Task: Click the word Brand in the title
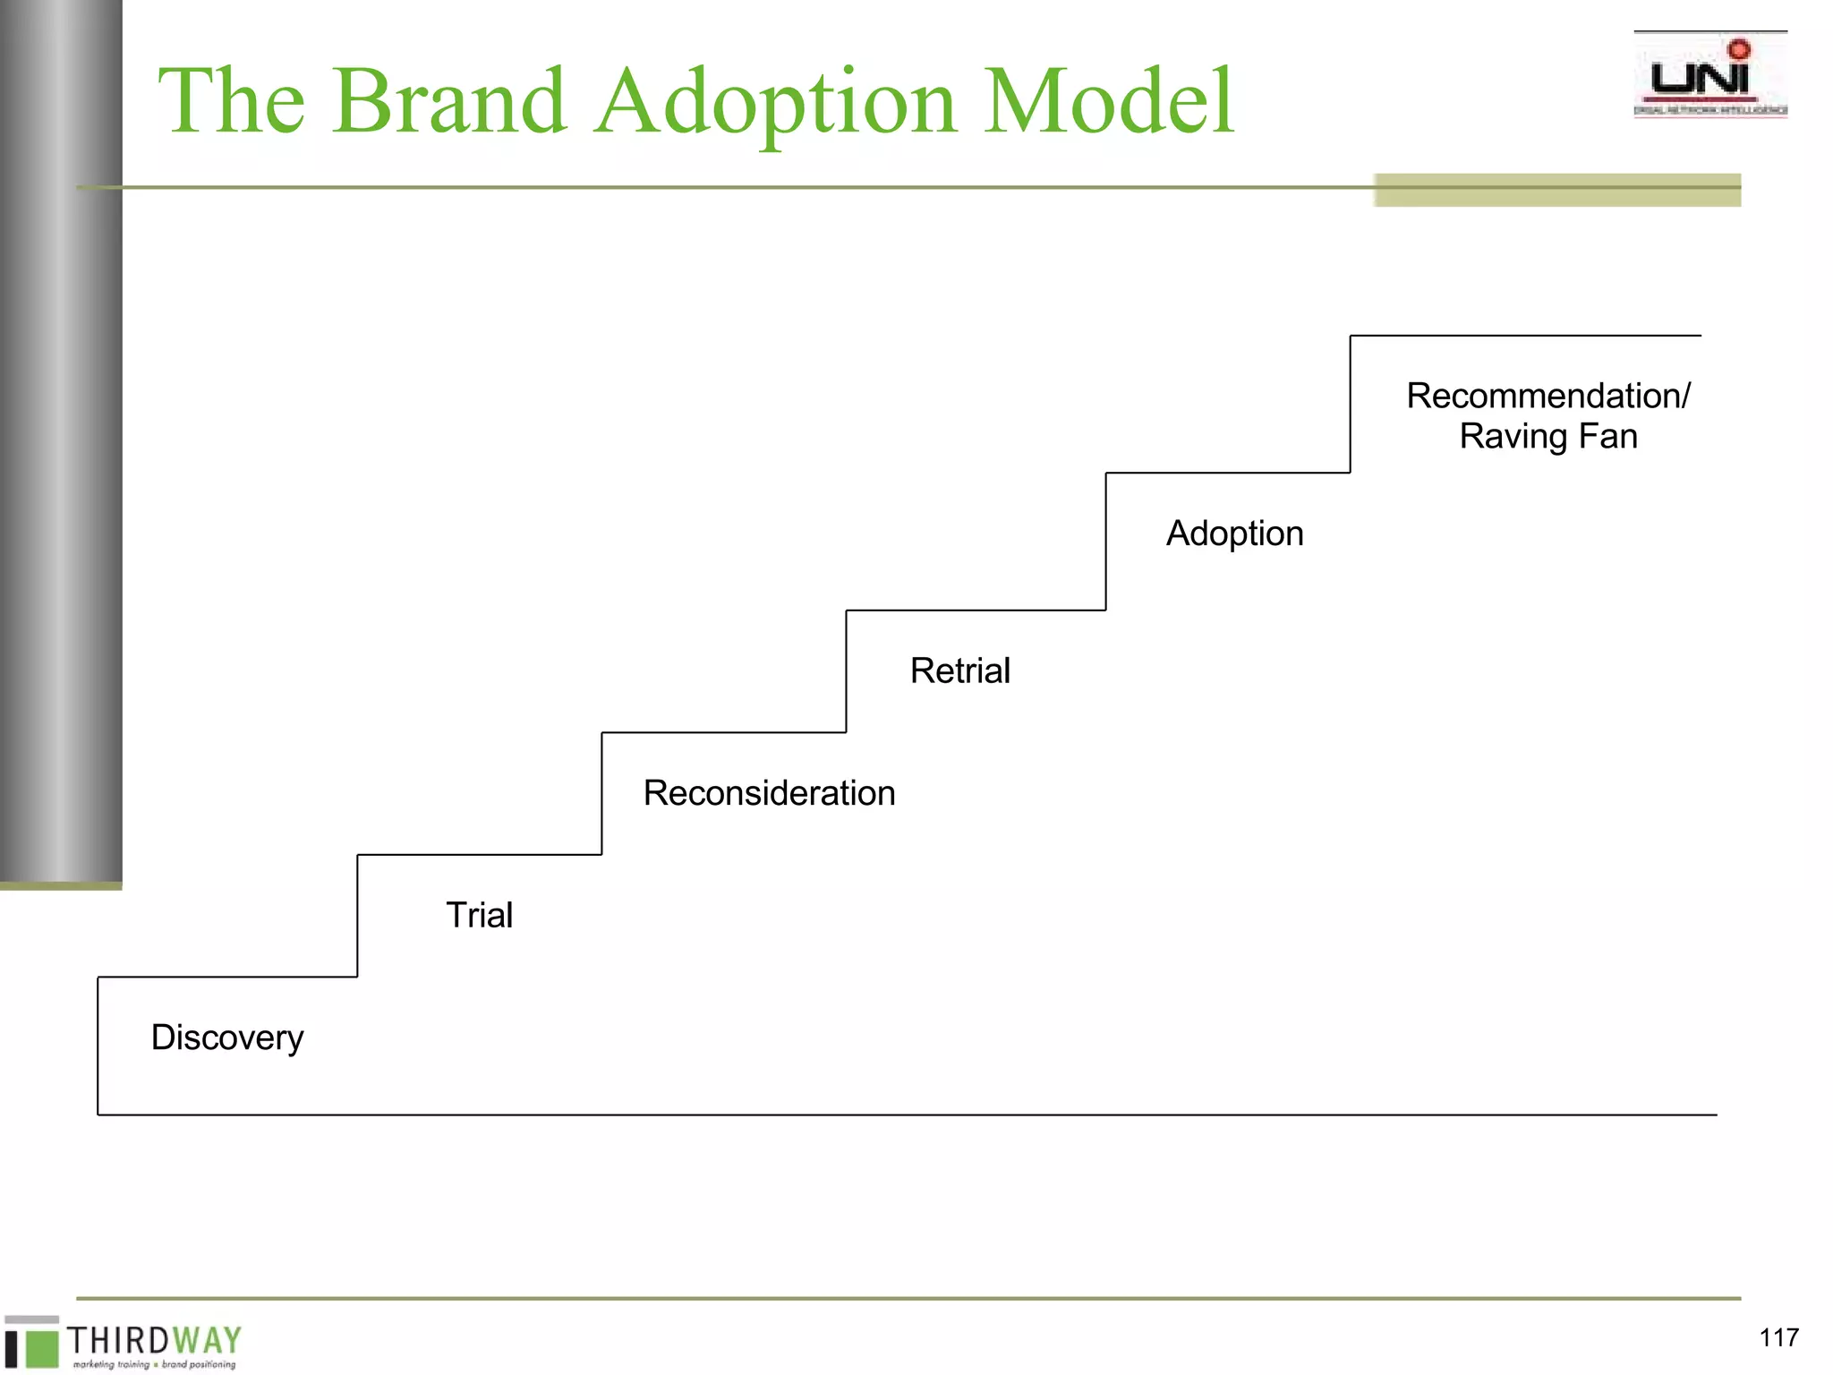point(449,101)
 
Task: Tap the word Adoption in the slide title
point(776,103)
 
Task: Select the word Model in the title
point(1108,101)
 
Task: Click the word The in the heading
point(231,101)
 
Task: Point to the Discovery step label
point(227,1038)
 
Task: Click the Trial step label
point(480,915)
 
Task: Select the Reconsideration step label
point(769,793)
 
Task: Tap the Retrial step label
point(960,670)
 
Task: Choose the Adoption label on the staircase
point(1234,534)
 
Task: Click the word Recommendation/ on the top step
point(1547,396)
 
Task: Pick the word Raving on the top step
point(1513,437)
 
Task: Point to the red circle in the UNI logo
point(1739,49)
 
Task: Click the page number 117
point(1778,1337)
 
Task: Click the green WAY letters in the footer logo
point(208,1340)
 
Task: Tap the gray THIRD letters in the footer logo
point(118,1340)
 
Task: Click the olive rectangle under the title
point(1556,190)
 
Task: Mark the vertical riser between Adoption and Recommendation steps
point(1350,404)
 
